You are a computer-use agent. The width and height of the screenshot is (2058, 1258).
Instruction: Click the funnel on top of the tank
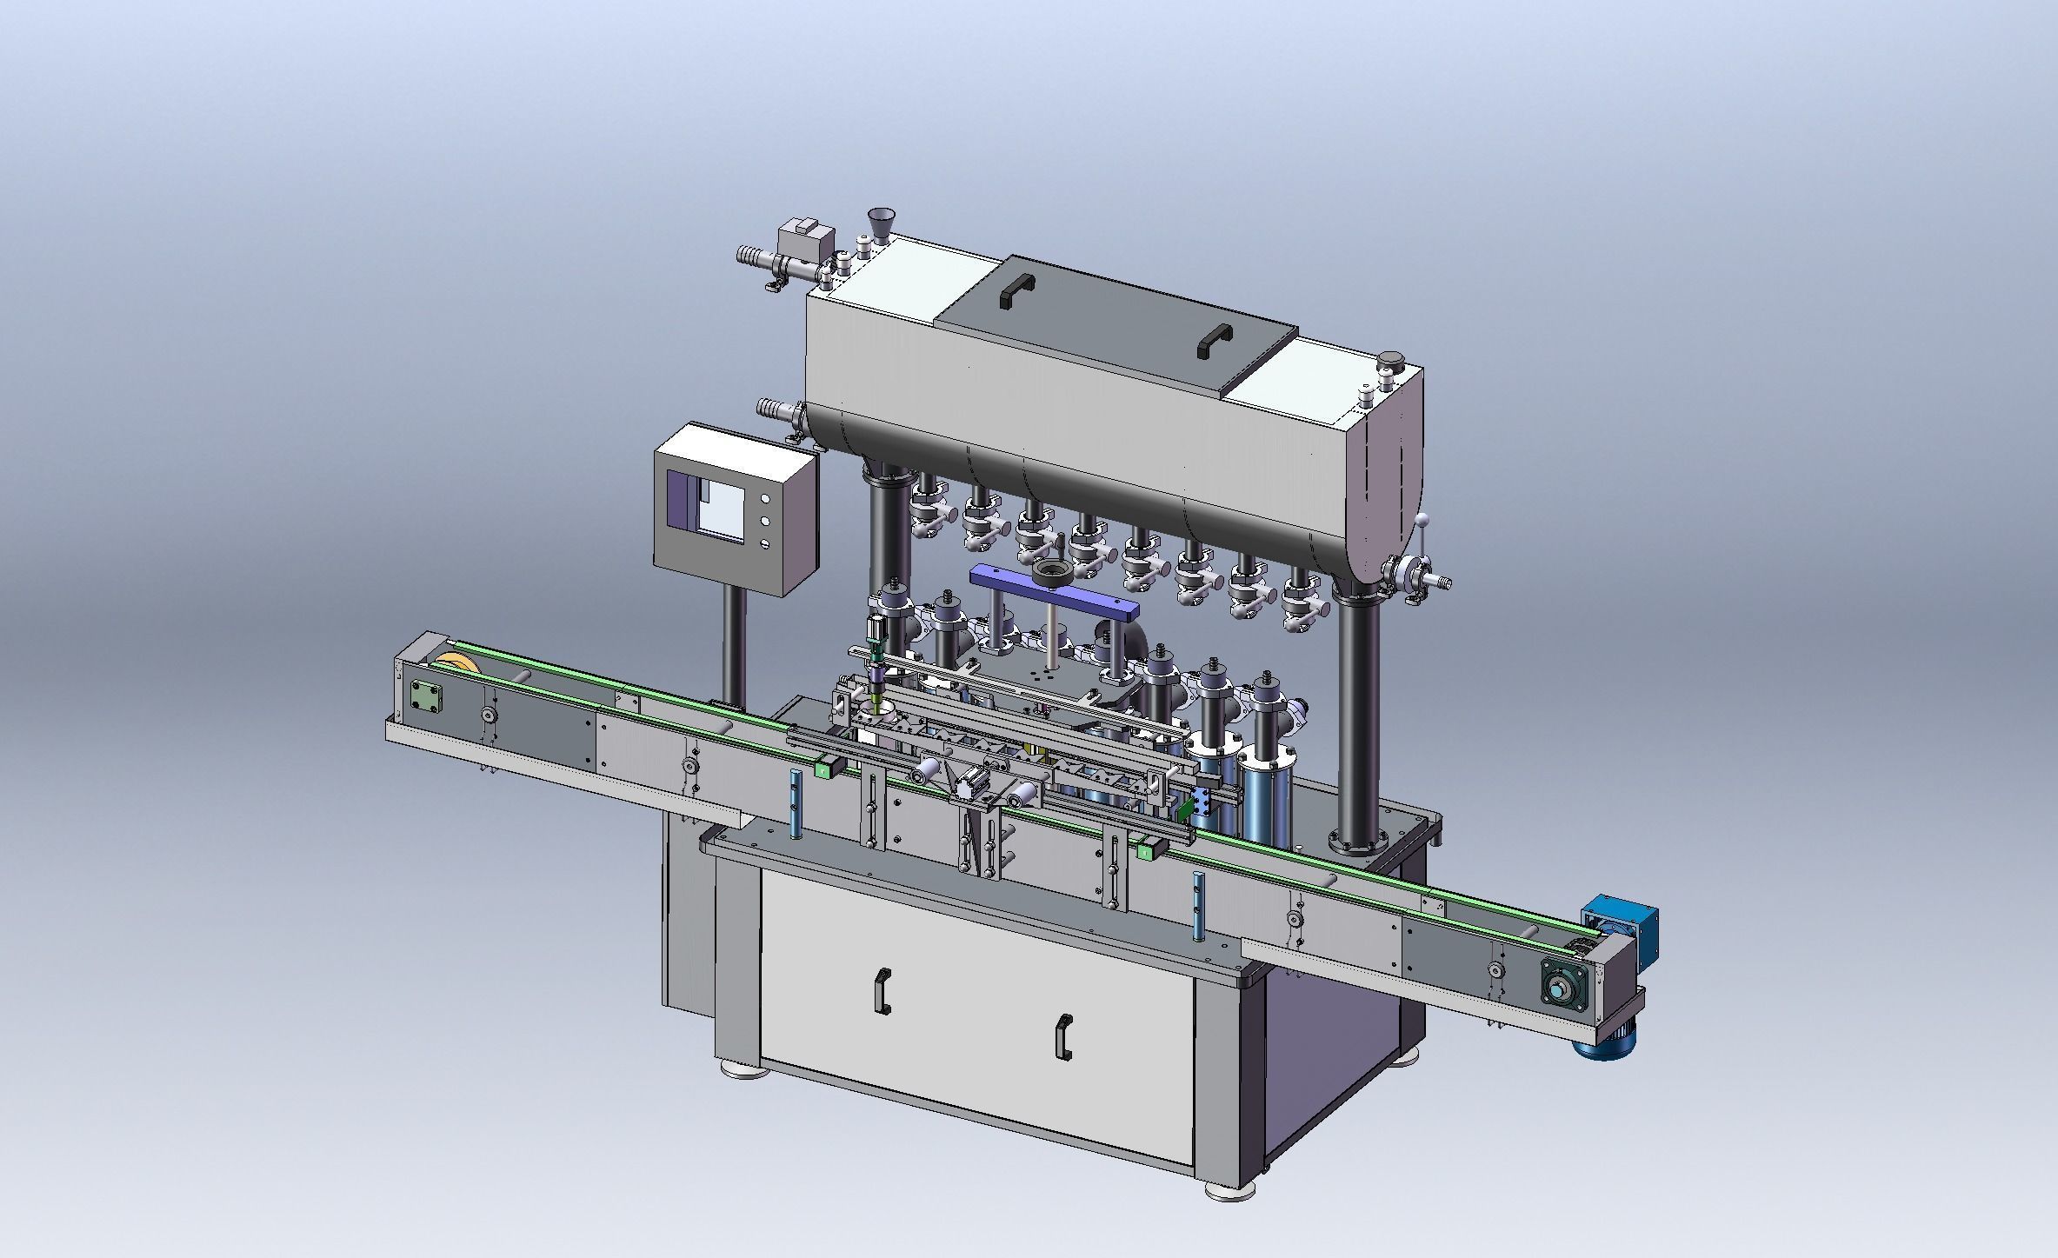pos(883,225)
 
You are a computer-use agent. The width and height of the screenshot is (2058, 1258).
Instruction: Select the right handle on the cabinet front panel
pos(1063,1036)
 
